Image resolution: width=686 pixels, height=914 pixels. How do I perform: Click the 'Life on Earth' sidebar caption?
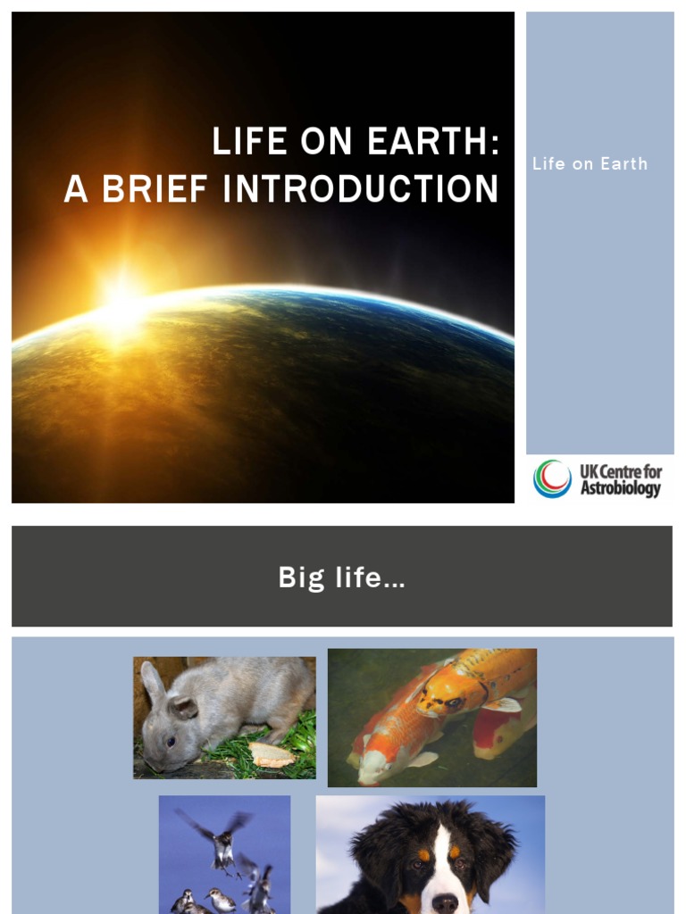pyautogui.click(x=590, y=163)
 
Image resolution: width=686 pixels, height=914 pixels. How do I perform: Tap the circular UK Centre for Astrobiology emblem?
pyautogui.click(x=552, y=478)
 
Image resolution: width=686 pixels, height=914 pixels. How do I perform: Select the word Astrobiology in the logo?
pyautogui.click(x=621, y=488)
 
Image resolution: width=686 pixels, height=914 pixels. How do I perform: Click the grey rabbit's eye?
pyautogui.click(x=170, y=738)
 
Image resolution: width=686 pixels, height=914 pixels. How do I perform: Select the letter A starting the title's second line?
pyautogui.click(x=76, y=188)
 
